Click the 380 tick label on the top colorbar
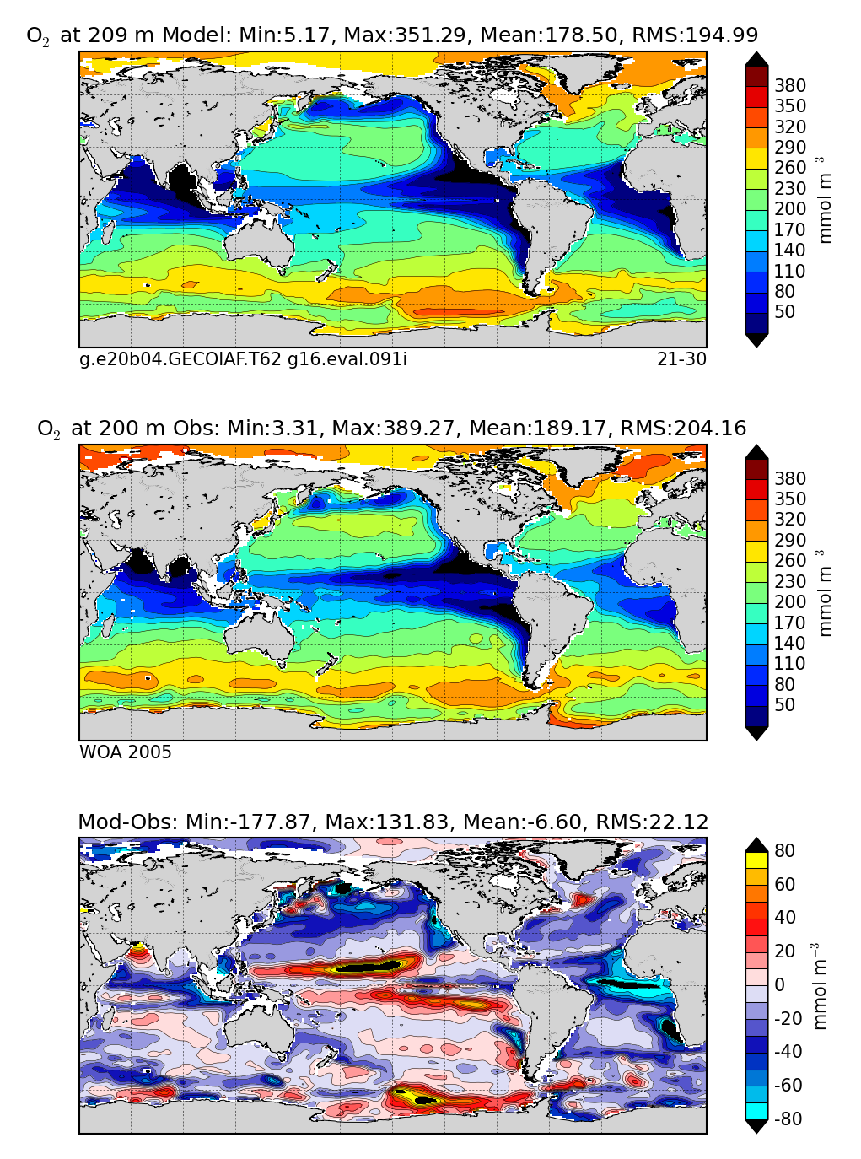[x=790, y=86]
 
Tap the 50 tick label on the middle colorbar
[x=784, y=705]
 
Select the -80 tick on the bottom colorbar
[x=788, y=1119]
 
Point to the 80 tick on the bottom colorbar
[x=784, y=850]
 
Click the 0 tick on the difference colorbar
[x=779, y=985]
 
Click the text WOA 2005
[x=126, y=752]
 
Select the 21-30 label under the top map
[x=681, y=359]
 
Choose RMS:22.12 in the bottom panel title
[x=652, y=822]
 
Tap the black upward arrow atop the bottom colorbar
[x=756, y=844]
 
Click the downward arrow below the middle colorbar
[x=756, y=733]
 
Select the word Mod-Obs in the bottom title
[x=112, y=822]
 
